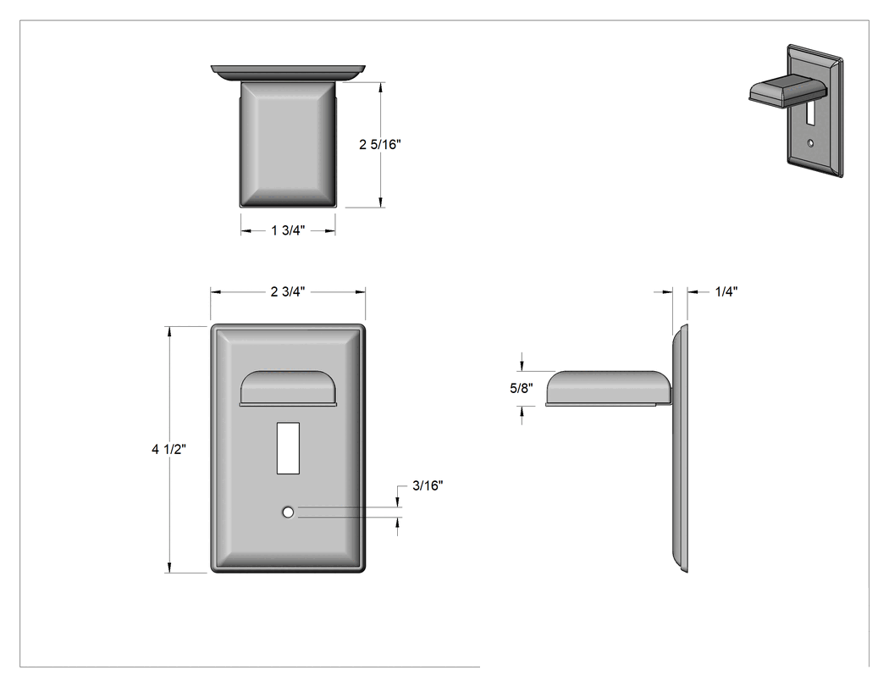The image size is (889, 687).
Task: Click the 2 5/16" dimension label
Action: point(380,145)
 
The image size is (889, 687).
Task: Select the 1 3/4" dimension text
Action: point(288,230)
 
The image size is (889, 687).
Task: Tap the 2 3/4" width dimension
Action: point(288,291)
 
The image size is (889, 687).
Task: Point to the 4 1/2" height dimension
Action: point(169,449)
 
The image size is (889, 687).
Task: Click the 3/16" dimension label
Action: point(428,485)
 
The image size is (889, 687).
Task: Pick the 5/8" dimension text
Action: point(522,388)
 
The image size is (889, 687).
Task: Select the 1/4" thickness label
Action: point(726,291)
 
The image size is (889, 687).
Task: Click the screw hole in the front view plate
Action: point(288,512)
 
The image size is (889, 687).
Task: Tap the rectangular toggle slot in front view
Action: point(288,448)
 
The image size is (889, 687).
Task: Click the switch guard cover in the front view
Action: point(288,389)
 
